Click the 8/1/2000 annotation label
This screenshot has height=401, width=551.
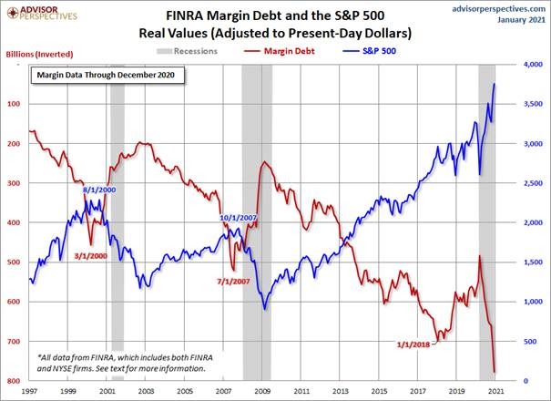point(99,190)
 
